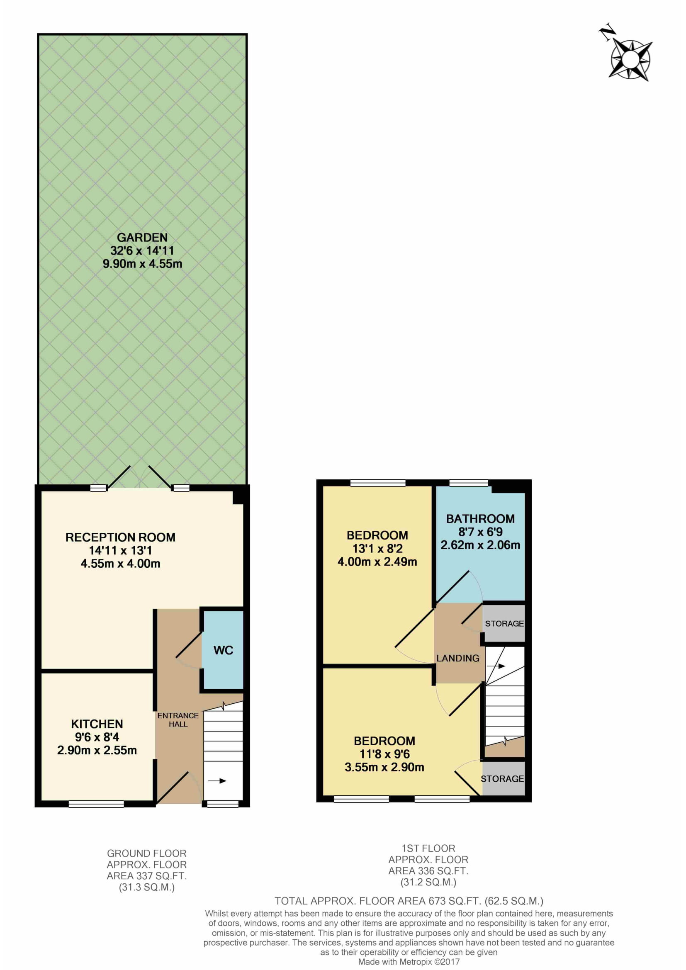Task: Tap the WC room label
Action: click(224, 650)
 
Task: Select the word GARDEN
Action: click(142, 238)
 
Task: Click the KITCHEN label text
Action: click(97, 724)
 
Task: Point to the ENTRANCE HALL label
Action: click(178, 720)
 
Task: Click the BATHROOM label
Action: click(480, 518)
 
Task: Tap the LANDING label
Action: click(458, 658)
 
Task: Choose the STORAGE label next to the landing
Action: click(504, 624)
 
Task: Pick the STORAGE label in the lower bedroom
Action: click(502, 779)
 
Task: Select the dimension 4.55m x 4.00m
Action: click(120, 563)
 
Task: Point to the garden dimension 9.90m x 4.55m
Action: click(142, 264)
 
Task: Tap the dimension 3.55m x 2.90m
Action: click(384, 767)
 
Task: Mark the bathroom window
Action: click(468, 482)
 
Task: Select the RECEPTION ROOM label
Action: click(120, 537)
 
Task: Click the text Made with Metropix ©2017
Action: click(409, 962)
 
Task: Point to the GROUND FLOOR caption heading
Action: click(146, 853)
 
